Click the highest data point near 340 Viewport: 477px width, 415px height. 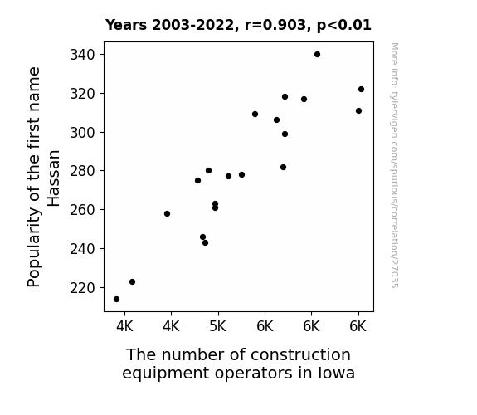pyautogui.click(x=317, y=55)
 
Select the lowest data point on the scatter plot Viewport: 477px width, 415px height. pyautogui.click(x=116, y=300)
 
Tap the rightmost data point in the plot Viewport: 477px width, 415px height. pyautogui.click(x=361, y=89)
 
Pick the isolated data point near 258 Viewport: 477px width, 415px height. pyautogui.click(x=167, y=214)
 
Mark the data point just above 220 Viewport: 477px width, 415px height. pyautogui.click(x=132, y=281)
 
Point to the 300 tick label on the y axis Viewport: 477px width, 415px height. pyautogui.click(x=83, y=133)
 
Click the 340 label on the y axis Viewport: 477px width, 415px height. pyautogui.click(x=83, y=55)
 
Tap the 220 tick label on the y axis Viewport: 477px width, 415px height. pyautogui.click(x=83, y=288)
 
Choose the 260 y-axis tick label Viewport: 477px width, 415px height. pyautogui.click(x=83, y=210)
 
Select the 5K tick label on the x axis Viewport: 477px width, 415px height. pyautogui.click(x=218, y=326)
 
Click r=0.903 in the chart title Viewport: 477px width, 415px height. pyautogui.click(x=275, y=25)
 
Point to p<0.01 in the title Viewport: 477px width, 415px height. pyautogui.click(x=343, y=26)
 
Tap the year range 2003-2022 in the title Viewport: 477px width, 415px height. pyautogui.click(x=192, y=25)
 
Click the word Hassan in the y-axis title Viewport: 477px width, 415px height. pyautogui.click(x=54, y=178)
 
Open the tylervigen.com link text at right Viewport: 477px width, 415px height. pyautogui.click(x=394, y=165)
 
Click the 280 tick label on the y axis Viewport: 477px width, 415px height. pyautogui.click(x=83, y=171)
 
